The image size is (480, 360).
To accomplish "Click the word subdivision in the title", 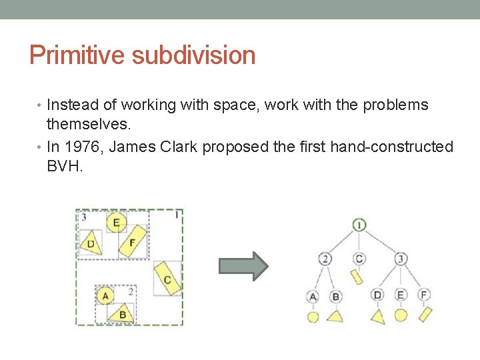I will [193, 55].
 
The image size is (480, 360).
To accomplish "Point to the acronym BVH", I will [65, 166].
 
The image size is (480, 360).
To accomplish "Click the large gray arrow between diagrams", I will [243, 266].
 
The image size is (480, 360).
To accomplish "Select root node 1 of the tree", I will [359, 225].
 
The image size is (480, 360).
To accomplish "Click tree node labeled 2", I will [325, 259].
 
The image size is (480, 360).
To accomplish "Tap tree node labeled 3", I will [401, 259].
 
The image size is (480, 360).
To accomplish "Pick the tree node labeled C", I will [359, 259].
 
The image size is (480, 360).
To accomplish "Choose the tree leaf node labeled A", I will [313, 296].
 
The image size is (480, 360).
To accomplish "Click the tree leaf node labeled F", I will [424, 295].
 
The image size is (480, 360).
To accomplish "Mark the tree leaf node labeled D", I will [378, 295].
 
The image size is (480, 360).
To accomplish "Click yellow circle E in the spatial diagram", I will [117, 223].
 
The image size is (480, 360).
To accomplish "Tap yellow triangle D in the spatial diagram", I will [90, 244].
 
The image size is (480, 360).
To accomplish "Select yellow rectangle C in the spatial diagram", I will [167, 279].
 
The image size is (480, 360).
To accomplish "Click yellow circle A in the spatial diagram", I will [104, 295].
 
